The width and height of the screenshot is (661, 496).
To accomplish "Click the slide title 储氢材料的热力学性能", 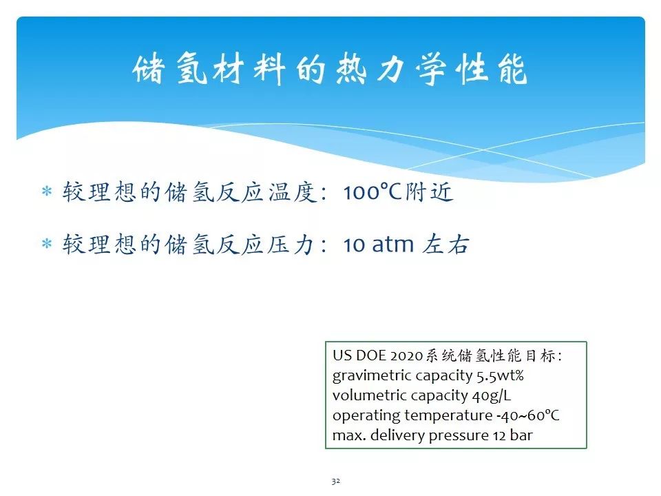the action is (x=330, y=69).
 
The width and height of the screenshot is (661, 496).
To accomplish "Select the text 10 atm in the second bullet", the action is (x=379, y=245).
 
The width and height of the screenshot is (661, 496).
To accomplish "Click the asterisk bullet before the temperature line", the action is (x=47, y=192).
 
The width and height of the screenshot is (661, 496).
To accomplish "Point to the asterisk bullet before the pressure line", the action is (x=47, y=244).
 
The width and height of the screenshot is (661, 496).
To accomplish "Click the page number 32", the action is (x=335, y=482).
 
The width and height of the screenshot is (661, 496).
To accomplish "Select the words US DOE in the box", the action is (x=359, y=355).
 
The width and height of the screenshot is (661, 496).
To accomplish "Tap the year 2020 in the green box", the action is (x=406, y=356).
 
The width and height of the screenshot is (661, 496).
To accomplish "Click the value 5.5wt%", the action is (x=501, y=375).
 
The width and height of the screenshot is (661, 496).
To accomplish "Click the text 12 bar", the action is (x=513, y=435).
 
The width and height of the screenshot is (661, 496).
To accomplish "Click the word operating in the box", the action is (x=366, y=416).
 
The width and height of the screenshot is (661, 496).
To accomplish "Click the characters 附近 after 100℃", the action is (x=429, y=192).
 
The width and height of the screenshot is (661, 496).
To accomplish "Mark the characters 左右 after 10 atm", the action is (x=445, y=245).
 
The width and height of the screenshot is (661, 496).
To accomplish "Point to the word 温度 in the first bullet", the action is (x=292, y=192).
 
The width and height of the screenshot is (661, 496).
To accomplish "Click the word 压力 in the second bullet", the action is (x=291, y=245).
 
